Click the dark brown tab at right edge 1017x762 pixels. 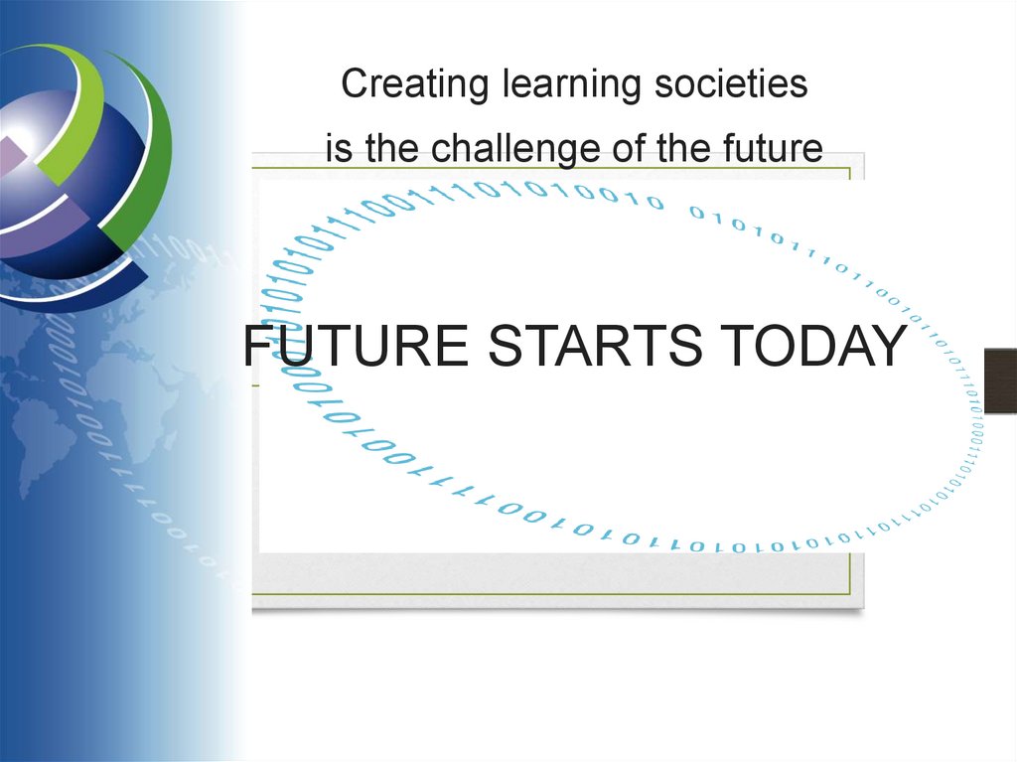(x=1000, y=377)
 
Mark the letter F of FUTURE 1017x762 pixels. (x=258, y=347)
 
